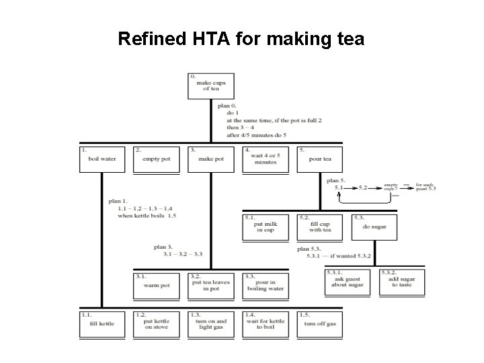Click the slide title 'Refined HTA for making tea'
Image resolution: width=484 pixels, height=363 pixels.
[x=241, y=38]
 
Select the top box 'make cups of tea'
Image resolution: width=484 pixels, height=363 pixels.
[x=210, y=86]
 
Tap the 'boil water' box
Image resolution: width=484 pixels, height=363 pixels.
[x=102, y=159]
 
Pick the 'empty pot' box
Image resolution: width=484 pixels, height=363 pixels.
[x=156, y=159]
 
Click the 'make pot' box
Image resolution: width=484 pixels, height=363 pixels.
[x=211, y=159]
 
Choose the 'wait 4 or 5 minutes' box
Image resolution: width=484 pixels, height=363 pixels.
[x=265, y=159]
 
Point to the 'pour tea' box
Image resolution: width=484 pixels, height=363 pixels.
[x=319, y=159]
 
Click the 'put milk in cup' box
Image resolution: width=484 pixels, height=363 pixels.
[x=265, y=227]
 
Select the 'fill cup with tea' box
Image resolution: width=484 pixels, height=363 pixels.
[x=319, y=227]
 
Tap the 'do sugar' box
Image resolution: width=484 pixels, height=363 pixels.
[x=374, y=227]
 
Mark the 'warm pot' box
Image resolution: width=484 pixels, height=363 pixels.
[x=156, y=285]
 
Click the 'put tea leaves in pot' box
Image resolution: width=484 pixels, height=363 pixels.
[x=210, y=285]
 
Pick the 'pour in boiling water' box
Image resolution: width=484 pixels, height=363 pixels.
[x=265, y=285]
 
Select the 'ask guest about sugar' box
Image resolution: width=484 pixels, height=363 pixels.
[x=347, y=280]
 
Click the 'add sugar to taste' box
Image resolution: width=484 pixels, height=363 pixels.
[x=402, y=280]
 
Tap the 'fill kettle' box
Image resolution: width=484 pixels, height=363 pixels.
[x=102, y=323]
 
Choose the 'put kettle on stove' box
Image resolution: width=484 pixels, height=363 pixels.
[x=156, y=323]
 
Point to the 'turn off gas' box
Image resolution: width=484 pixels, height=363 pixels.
[x=319, y=323]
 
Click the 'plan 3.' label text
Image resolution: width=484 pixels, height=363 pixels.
[x=164, y=247]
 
